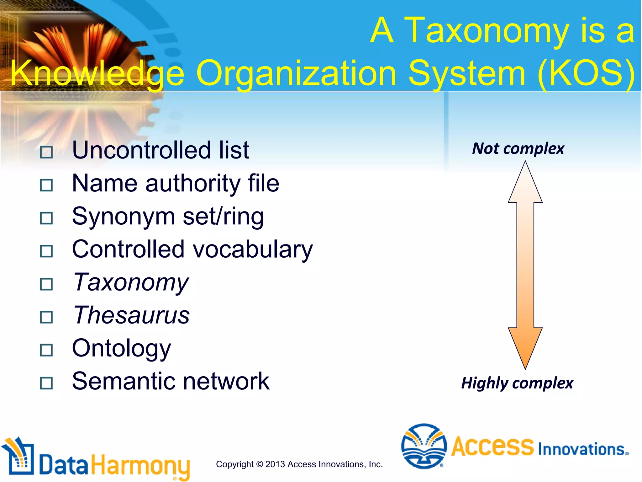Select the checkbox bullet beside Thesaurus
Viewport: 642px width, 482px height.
pos(46,317)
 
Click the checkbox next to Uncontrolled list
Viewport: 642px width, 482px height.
pos(46,152)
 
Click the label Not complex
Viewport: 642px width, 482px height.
pos(518,148)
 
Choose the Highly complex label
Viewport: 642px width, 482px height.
pos(517,383)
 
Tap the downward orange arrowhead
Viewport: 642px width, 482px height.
pos(525,347)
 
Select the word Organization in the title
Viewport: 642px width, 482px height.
pos(296,73)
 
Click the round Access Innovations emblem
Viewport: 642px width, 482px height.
pos(424,446)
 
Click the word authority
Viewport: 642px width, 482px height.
pos(193,183)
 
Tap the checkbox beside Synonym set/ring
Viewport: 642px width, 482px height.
pos(46,218)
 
